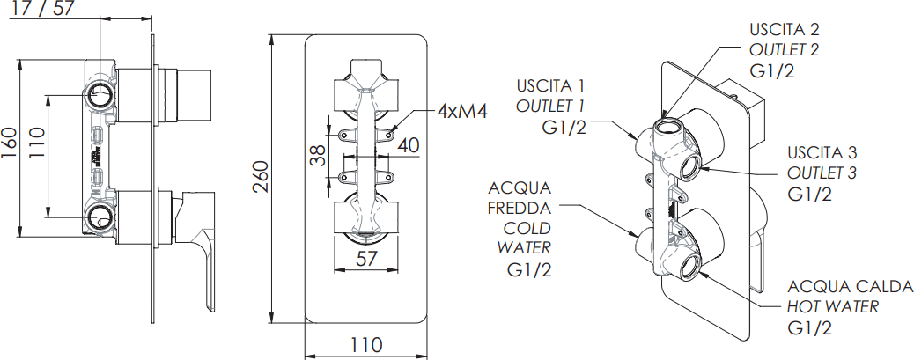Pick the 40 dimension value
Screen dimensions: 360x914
click(408, 145)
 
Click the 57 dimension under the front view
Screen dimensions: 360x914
click(367, 258)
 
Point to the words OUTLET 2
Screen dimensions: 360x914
click(784, 50)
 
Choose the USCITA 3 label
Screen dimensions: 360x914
click(822, 151)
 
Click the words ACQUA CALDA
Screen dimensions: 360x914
click(851, 288)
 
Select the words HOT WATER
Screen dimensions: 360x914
click(833, 307)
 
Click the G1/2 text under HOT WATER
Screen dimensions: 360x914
click(810, 328)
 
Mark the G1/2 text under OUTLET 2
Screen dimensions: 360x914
click(772, 70)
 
